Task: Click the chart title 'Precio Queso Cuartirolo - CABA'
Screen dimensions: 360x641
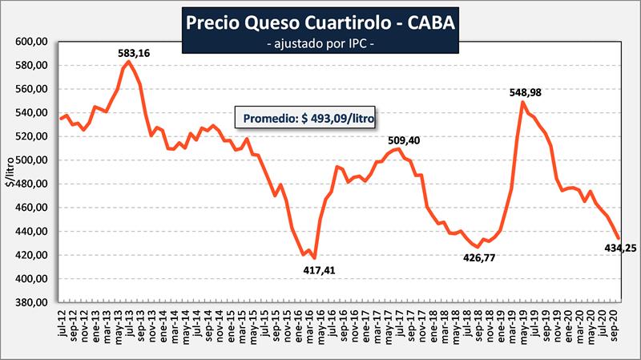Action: point(321,22)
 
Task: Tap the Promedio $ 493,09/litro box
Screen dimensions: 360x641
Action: point(305,117)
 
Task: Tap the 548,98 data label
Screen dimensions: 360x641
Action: point(525,92)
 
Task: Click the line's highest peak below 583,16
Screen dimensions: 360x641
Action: point(129,62)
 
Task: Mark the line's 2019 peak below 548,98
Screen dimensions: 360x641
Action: point(523,102)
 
